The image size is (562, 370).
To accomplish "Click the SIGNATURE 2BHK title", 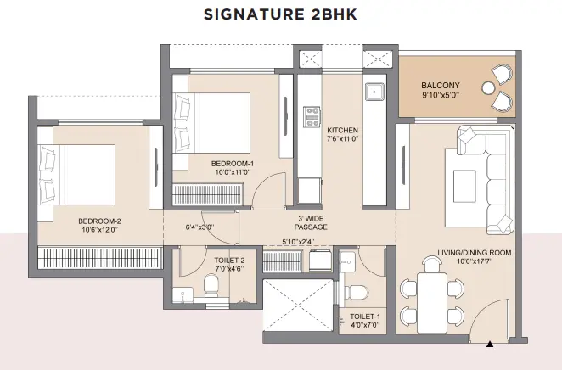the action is (280, 14).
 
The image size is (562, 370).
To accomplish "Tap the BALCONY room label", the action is (440, 86).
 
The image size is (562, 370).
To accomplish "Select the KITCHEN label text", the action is (342, 130).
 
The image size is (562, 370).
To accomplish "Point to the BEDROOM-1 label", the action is (233, 164).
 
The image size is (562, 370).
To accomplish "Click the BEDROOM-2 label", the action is (99, 221).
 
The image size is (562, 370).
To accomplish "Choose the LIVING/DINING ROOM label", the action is (475, 253).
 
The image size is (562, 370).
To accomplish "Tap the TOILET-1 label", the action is (365, 317).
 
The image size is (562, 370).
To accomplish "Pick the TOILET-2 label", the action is (229, 261).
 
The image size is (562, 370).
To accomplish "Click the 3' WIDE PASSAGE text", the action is (311, 223).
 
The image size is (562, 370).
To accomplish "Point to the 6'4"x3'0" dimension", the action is (200, 227).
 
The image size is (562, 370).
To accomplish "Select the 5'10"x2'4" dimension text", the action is (298, 242).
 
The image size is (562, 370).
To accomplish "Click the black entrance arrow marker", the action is (490, 345).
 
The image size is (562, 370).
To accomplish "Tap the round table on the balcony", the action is (488, 88).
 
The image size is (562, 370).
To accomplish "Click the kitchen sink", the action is (374, 92).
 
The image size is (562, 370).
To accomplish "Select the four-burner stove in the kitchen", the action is (312, 117).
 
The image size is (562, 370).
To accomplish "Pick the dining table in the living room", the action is (432, 303).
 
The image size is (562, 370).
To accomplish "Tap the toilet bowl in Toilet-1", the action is (356, 292).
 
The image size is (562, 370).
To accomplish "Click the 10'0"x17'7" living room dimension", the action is (475, 261).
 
